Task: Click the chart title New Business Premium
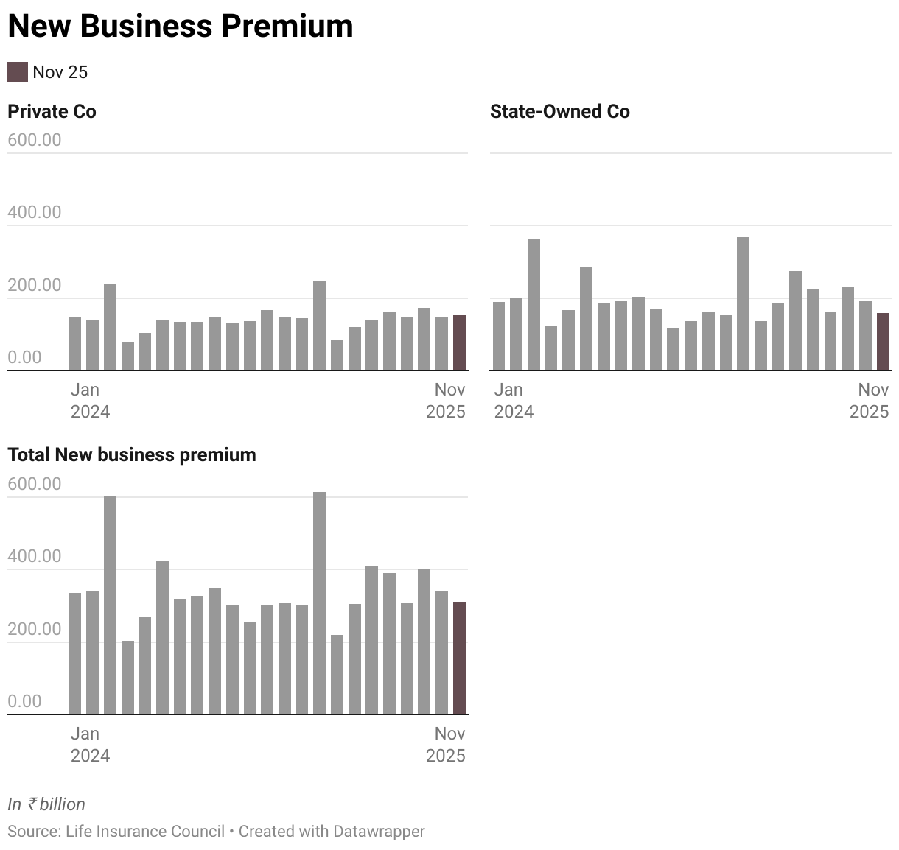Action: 181,27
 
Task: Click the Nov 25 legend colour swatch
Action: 17,72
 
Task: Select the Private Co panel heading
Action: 52,111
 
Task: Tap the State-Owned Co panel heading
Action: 559,111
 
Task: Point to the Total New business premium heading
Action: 132,454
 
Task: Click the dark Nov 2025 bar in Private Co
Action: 459,343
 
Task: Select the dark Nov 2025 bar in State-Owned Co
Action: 883,342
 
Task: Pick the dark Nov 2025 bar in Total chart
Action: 459,658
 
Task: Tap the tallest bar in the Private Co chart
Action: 319,326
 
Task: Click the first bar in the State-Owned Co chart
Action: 499,336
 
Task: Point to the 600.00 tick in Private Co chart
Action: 35,140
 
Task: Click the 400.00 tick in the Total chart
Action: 35,556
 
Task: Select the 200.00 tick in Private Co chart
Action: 35,285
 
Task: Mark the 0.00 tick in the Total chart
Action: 25,700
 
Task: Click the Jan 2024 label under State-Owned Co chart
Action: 514,400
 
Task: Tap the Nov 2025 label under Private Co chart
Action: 446,400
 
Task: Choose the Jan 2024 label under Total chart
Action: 90,744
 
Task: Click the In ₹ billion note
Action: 46,804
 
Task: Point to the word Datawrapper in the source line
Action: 378,831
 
